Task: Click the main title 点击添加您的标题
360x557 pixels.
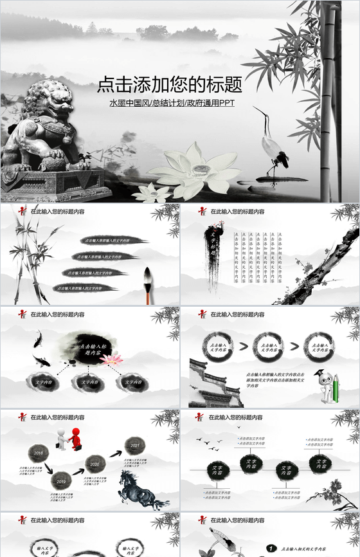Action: coord(170,85)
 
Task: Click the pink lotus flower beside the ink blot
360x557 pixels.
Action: coord(113,360)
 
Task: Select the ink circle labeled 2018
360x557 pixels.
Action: coord(39,453)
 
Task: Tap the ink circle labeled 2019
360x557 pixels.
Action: coord(61,480)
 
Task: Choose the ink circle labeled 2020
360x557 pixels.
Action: coord(95,463)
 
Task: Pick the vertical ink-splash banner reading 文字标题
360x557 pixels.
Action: coord(213,251)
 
